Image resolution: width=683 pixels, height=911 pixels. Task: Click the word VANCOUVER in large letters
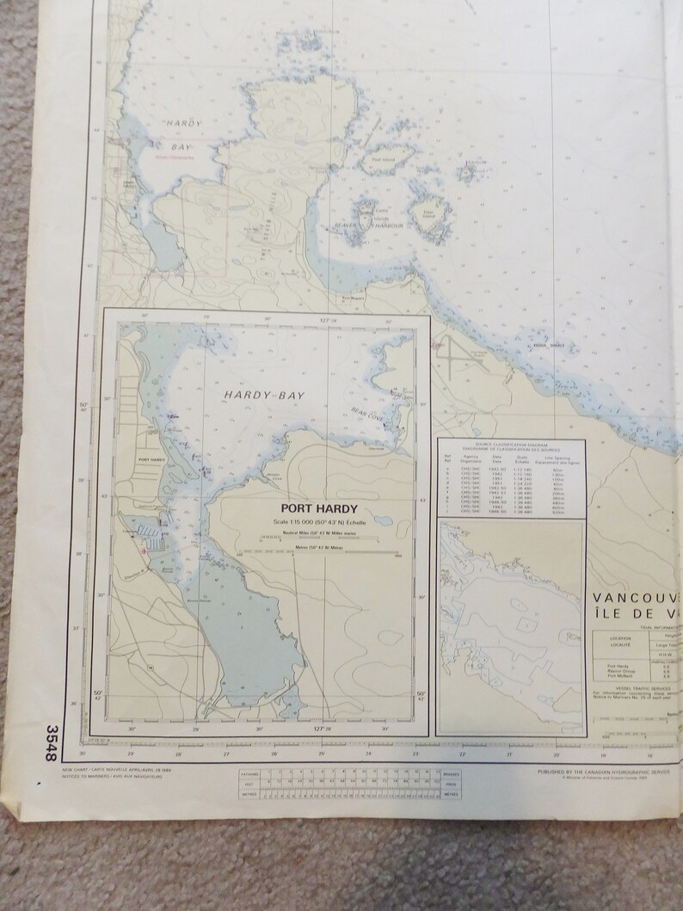[x=637, y=598]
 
